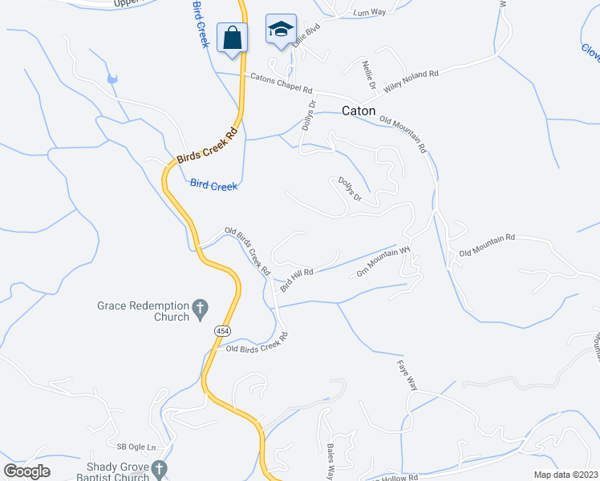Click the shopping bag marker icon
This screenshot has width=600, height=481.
pyautogui.click(x=233, y=37)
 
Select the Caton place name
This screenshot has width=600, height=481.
pyautogui.click(x=359, y=111)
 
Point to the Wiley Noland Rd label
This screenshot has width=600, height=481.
pyautogui.click(x=411, y=79)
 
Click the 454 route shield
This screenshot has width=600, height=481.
pyautogui.click(x=222, y=330)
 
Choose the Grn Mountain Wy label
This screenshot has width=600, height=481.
pyautogui.click(x=383, y=263)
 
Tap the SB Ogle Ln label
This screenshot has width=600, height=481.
pyautogui.click(x=134, y=447)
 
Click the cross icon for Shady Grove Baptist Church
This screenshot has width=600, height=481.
pyautogui.click(x=160, y=468)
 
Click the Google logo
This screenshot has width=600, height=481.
pyautogui.click(x=27, y=471)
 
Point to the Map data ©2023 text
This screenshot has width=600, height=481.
pyautogui.click(x=566, y=475)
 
